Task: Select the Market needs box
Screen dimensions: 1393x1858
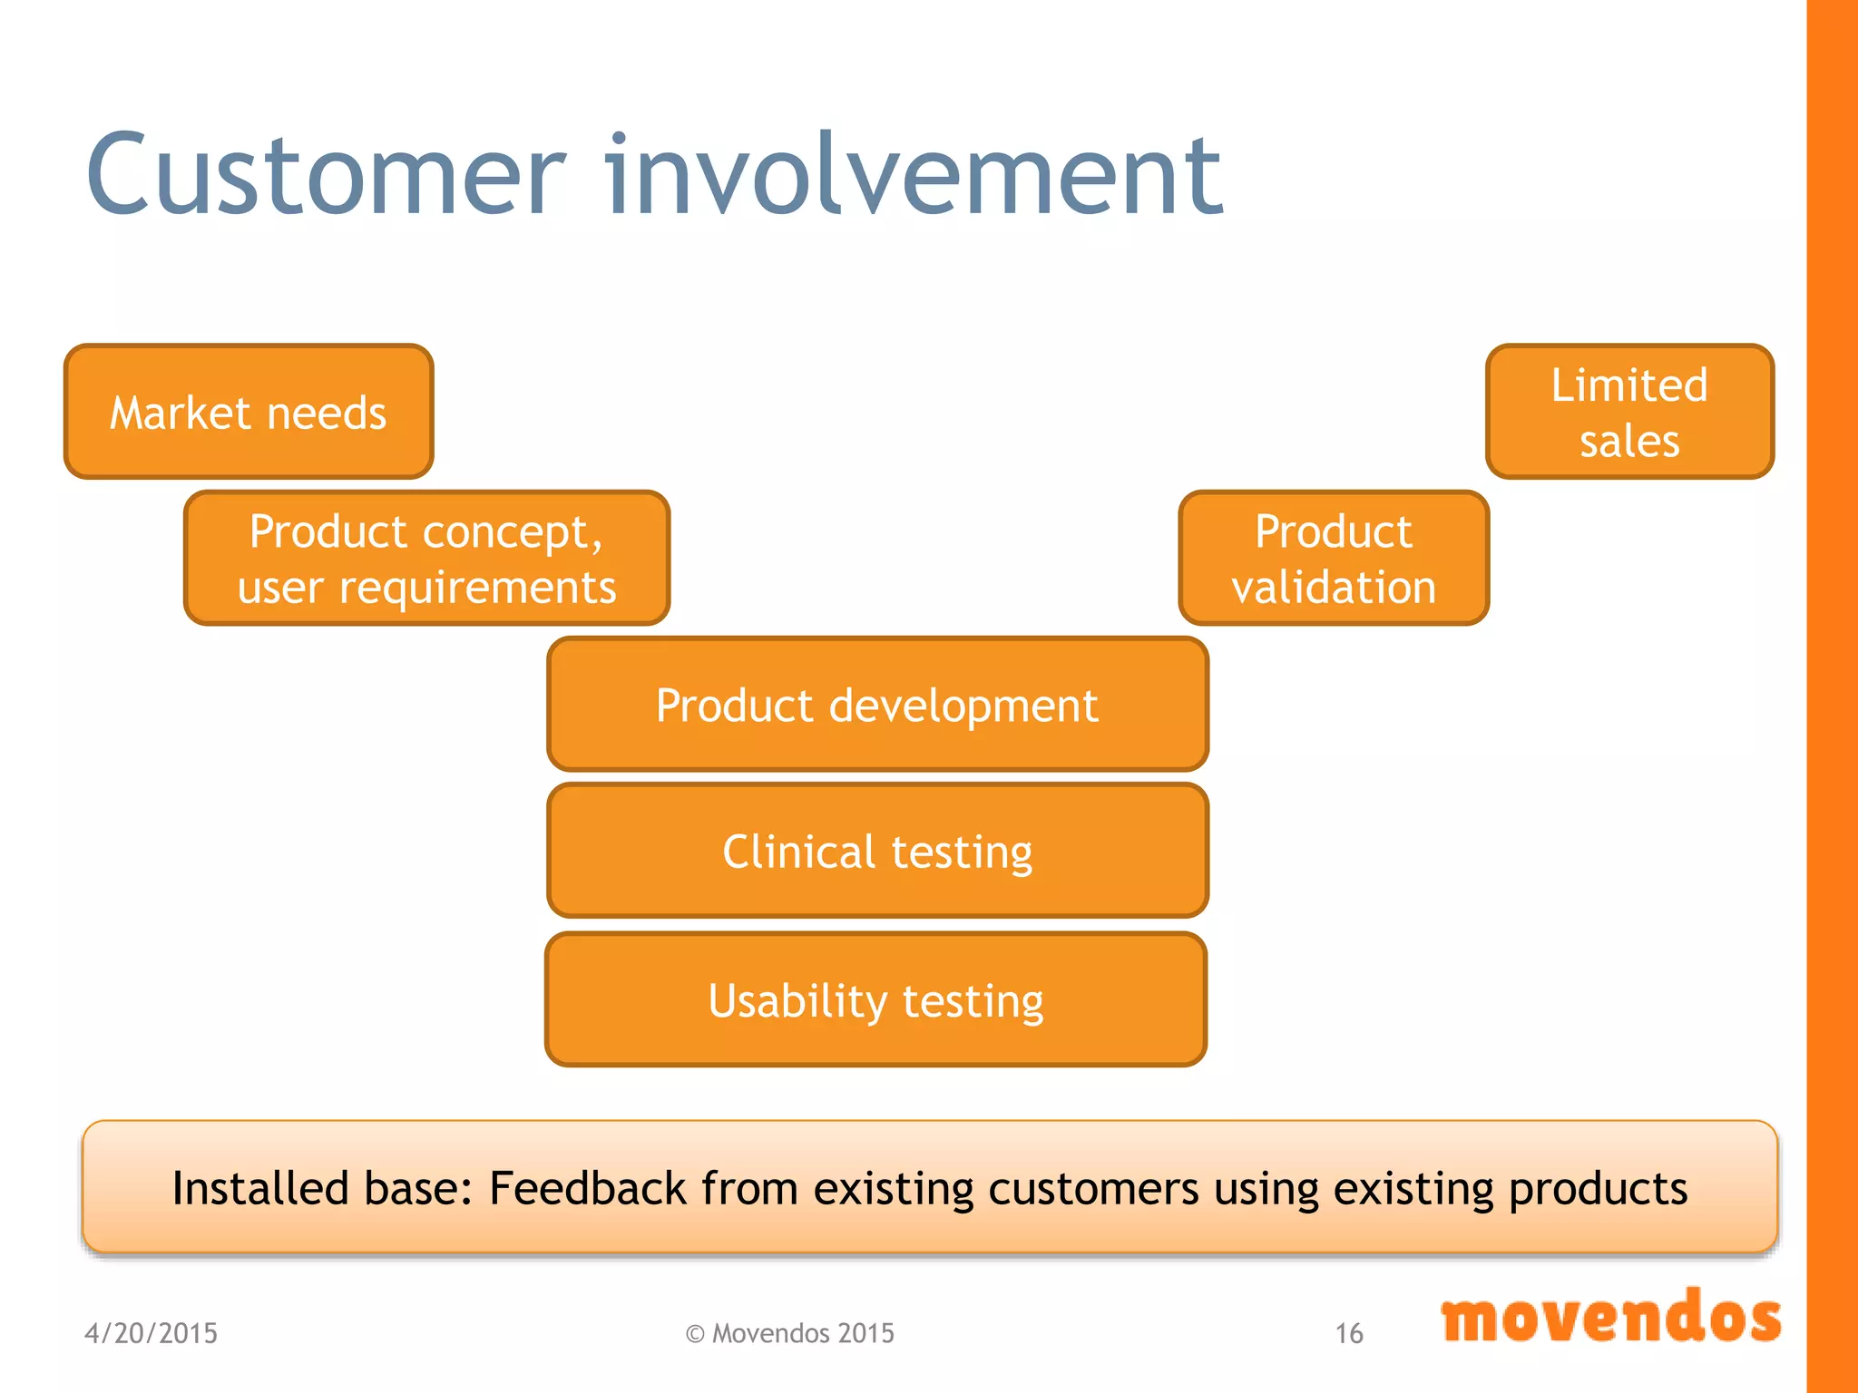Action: [249, 412]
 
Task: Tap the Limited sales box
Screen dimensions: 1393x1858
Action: [1629, 412]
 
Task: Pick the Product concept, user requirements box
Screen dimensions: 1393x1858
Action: [426, 558]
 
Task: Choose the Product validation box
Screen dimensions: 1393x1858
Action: [1334, 558]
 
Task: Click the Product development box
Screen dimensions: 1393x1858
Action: [877, 705]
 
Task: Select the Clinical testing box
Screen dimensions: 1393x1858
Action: [877, 852]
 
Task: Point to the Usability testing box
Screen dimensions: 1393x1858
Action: [875, 1000]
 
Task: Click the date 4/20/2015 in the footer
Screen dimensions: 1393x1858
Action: [151, 1333]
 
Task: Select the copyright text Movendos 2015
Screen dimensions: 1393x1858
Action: [790, 1333]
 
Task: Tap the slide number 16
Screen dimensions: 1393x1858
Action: [1348, 1333]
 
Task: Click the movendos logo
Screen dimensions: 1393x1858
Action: [1611, 1318]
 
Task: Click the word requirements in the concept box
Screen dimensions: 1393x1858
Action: [477, 588]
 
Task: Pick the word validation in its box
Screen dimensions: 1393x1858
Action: [1334, 587]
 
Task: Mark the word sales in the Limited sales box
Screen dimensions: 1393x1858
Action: [1629, 441]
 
